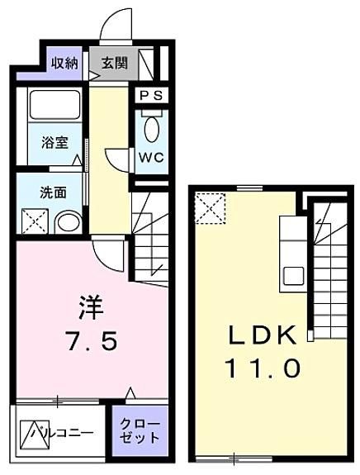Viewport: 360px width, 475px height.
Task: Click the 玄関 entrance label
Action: point(115,63)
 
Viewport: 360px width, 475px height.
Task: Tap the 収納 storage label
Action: point(64,63)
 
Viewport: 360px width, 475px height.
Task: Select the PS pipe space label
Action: point(151,96)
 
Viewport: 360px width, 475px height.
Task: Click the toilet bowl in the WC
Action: point(152,129)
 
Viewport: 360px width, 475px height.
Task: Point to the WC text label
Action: point(151,157)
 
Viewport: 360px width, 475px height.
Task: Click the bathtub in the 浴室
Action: point(54,104)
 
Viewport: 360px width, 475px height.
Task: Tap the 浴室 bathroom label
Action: point(54,142)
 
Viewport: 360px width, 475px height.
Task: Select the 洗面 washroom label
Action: point(54,192)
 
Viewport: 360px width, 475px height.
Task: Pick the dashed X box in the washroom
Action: point(35,221)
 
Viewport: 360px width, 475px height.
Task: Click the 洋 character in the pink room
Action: point(91,307)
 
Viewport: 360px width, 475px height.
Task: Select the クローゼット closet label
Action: point(140,430)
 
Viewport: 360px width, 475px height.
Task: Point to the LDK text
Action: point(263,335)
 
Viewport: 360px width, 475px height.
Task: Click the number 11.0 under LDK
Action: point(263,368)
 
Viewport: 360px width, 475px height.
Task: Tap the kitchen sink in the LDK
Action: point(293,276)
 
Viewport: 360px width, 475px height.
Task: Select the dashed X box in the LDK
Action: point(211,208)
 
